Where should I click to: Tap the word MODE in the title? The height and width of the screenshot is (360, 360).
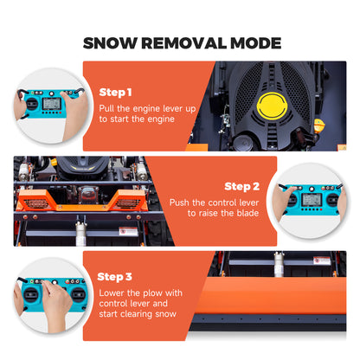point(251,42)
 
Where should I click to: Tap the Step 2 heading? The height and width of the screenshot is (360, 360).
point(241,186)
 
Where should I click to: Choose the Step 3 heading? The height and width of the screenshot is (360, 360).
point(115,276)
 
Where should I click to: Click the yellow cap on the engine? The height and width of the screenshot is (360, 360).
point(274,107)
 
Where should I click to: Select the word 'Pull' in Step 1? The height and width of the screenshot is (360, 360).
point(108,107)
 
